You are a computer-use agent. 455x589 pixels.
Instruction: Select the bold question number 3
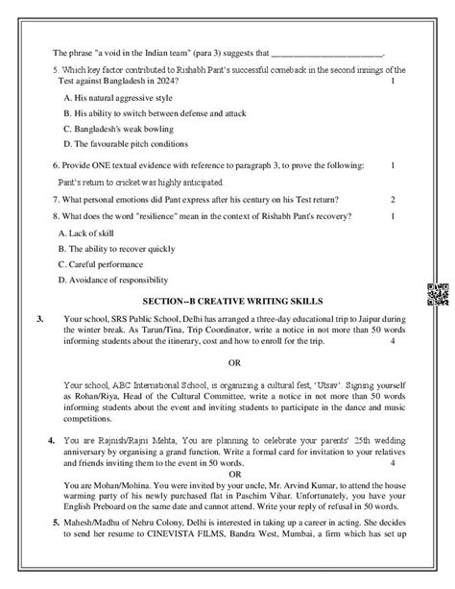coord(36,317)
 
